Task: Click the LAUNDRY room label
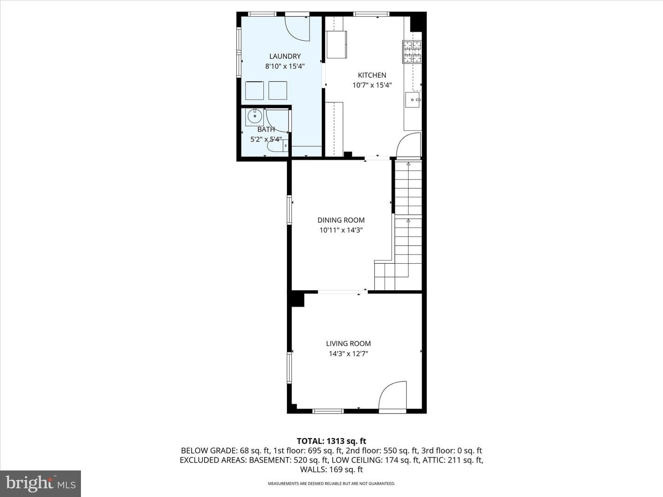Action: point(285,56)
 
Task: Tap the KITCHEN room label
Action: point(372,75)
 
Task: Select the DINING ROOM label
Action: point(341,220)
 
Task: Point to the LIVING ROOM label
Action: point(348,343)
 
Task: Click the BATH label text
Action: point(266,129)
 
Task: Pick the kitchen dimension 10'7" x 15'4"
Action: point(372,85)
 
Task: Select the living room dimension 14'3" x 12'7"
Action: point(348,353)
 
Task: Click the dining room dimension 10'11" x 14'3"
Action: point(341,230)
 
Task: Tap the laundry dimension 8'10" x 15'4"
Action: point(285,66)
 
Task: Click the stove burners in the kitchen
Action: point(412,52)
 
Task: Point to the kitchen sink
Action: point(413,100)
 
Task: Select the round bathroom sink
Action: point(255,116)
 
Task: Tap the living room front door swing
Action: point(393,395)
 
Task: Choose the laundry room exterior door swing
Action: point(297,29)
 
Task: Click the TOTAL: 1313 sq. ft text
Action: point(331,441)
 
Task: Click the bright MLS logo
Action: point(41,483)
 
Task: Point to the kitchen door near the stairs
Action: point(409,145)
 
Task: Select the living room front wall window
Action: point(328,411)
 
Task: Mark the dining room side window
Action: point(289,210)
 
